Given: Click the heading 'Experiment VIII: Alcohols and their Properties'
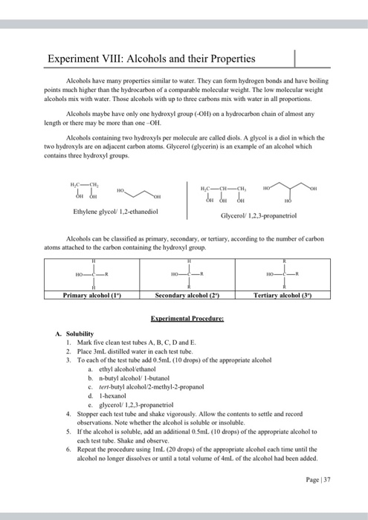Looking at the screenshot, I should tap(151, 58).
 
